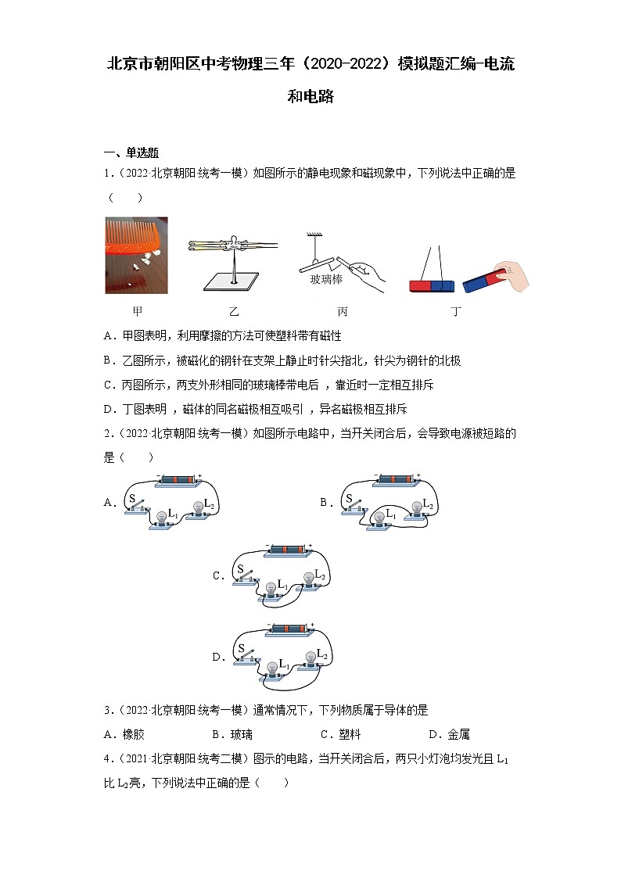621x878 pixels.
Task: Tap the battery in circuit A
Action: pos(179,479)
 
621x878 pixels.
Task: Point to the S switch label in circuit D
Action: pos(242,649)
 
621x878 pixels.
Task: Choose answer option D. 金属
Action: pos(449,735)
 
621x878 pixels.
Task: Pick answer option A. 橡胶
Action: pos(124,735)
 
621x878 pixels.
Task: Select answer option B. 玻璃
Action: pos(232,735)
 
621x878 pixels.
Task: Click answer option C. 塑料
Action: pos(340,735)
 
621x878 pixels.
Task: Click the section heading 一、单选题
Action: pos(131,153)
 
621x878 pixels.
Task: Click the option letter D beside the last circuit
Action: pos(219,658)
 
